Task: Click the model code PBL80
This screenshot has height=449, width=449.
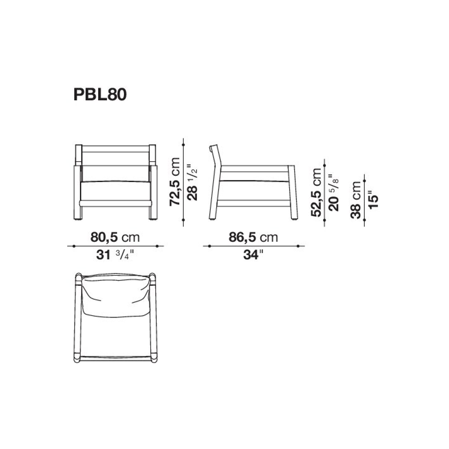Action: pyautogui.click(x=100, y=95)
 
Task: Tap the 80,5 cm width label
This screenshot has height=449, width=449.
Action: pyautogui.click(x=115, y=237)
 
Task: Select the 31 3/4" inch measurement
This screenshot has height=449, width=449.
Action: pyautogui.click(x=115, y=255)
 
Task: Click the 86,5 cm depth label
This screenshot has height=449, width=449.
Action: pyautogui.click(x=253, y=237)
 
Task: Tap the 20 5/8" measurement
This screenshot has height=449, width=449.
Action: pyautogui.click(x=334, y=193)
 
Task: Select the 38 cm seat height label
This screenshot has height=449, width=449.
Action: pyautogui.click(x=356, y=200)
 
